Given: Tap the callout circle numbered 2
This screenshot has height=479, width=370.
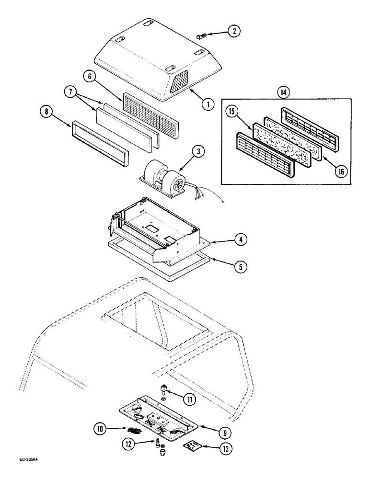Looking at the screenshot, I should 234,32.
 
